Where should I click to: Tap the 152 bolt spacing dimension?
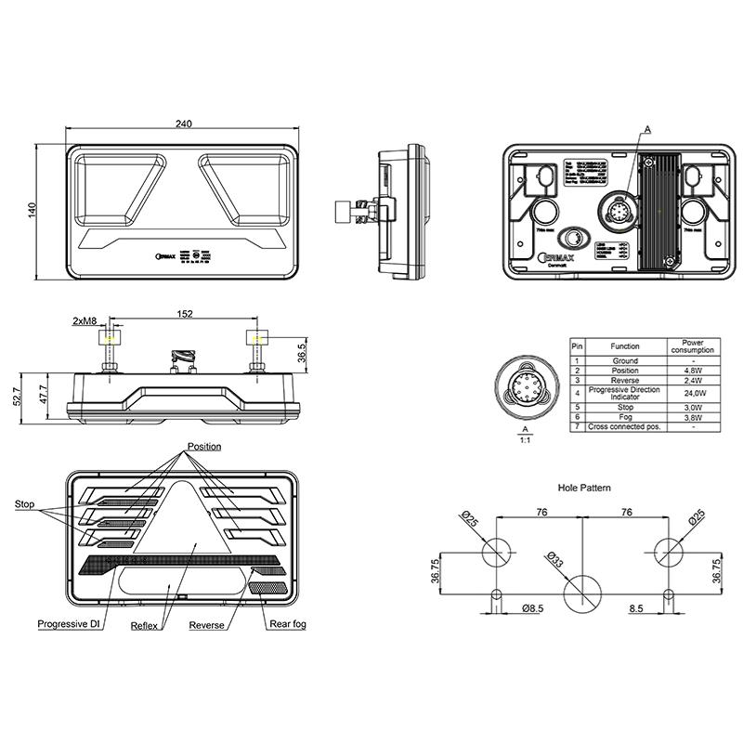[185, 314]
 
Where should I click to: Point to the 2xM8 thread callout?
[85, 321]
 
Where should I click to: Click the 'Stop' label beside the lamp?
[25, 504]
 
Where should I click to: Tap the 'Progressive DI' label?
[69, 624]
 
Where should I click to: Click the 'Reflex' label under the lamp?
[147, 626]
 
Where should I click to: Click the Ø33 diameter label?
[555, 559]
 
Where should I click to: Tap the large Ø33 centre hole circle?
[583, 592]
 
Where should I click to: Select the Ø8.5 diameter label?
[532, 608]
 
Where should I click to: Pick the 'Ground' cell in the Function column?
[624, 360]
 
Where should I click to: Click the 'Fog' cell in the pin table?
[624, 417]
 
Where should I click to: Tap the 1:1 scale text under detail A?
[526, 440]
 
